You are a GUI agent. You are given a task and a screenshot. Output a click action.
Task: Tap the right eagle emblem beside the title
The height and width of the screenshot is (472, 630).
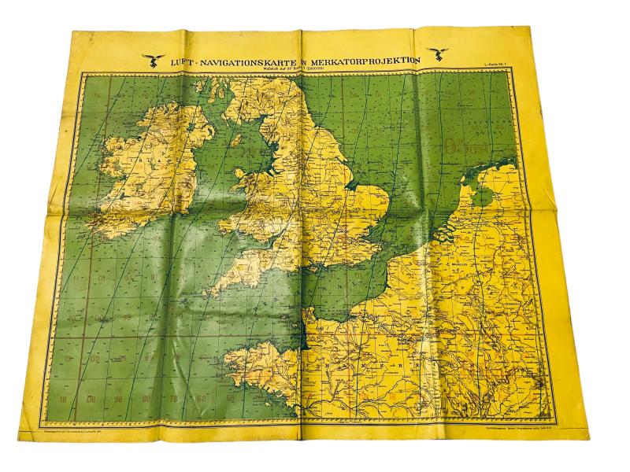point(434,56)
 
